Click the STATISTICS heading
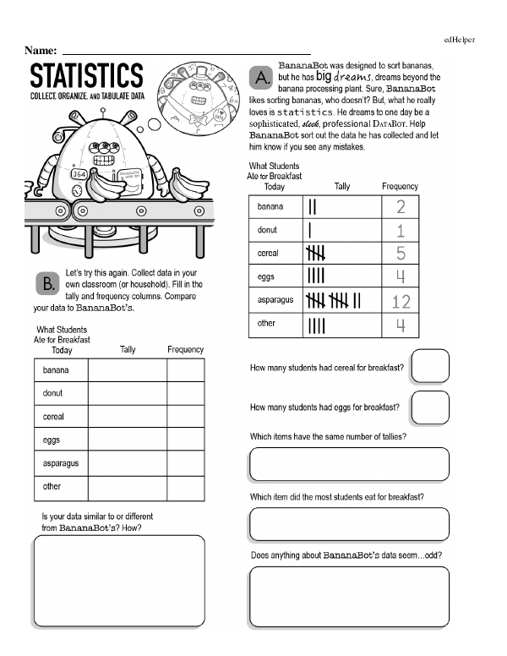click(x=87, y=76)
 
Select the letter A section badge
click(x=261, y=77)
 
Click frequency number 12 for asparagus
click(x=401, y=300)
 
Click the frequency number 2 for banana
click(x=401, y=207)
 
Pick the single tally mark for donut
click(x=310, y=229)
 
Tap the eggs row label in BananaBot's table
click(x=265, y=276)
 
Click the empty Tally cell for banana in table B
click(x=127, y=370)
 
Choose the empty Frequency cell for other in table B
click(x=185, y=487)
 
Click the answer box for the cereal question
click(x=430, y=366)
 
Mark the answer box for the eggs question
click(x=430, y=406)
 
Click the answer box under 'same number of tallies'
click(x=349, y=463)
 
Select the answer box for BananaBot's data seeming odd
click(x=349, y=597)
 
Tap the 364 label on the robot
click(x=79, y=173)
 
